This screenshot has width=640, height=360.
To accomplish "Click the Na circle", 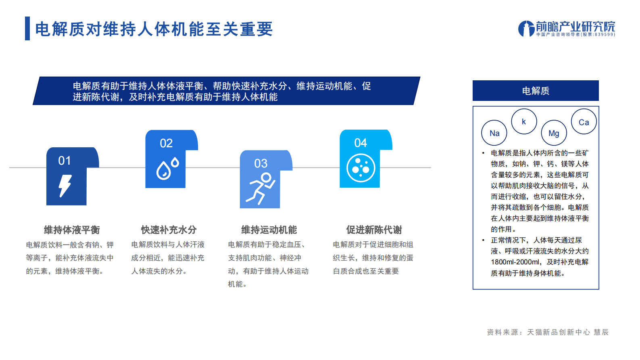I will pyautogui.click(x=494, y=133).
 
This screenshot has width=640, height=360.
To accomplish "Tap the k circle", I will pyautogui.click(x=524, y=121).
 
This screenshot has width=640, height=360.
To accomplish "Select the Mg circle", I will pyautogui.click(x=554, y=133).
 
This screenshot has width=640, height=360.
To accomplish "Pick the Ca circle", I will pyautogui.click(x=584, y=122).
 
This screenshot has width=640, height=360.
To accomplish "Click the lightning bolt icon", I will pyautogui.click(x=65, y=186).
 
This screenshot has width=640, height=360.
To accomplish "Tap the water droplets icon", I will pyautogui.click(x=167, y=169).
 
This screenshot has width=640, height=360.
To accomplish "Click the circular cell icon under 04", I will pyautogui.click(x=361, y=168).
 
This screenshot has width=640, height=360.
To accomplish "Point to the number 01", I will pyautogui.click(x=65, y=161).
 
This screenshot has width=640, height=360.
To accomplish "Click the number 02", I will pyautogui.click(x=166, y=143).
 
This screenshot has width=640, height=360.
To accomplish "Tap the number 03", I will pyautogui.click(x=261, y=163).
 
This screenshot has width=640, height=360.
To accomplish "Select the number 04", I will pyautogui.click(x=361, y=143).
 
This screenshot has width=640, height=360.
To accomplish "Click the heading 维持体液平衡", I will pyautogui.click(x=72, y=230).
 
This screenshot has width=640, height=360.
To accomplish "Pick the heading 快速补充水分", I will pyautogui.click(x=169, y=230).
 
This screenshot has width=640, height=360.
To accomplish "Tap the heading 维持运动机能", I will pyautogui.click(x=269, y=230).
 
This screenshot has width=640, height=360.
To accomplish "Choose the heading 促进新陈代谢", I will pyautogui.click(x=374, y=230).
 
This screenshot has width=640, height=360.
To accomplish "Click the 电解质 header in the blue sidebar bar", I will pyautogui.click(x=536, y=91).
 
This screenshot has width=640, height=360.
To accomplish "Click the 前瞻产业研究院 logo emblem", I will pyautogui.click(x=526, y=29).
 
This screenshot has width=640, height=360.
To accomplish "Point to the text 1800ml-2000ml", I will pyautogui.click(x=515, y=262).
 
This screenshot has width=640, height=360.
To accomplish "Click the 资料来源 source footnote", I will pyautogui.click(x=547, y=332).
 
